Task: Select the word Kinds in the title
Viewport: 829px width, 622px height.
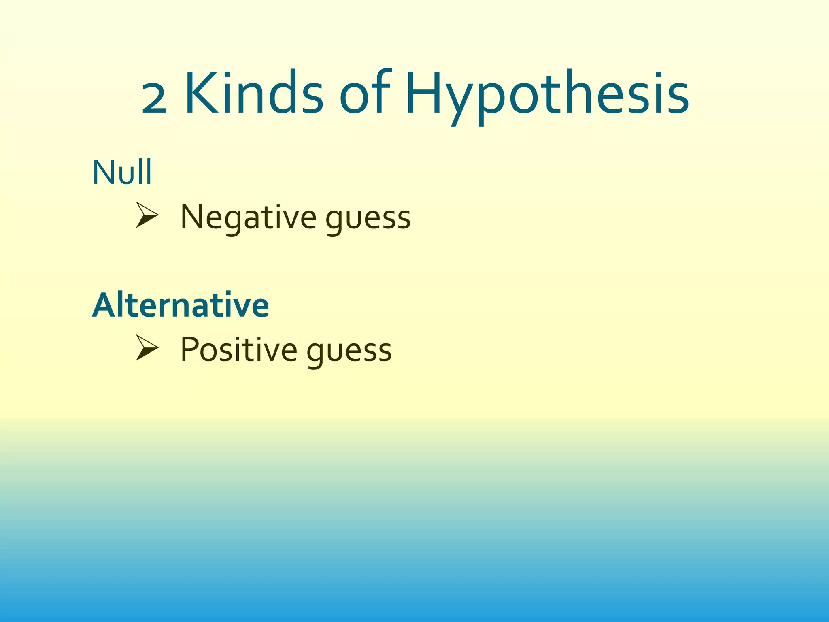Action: click(x=253, y=94)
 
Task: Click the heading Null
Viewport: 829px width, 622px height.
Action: click(x=122, y=173)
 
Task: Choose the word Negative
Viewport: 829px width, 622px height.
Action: click(x=248, y=217)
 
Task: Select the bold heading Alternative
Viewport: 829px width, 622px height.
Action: click(x=181, y=305)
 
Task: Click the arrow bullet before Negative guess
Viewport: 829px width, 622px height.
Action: click(x=147, y=215)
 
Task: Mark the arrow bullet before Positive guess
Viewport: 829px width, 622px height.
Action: click(x=147, y=347)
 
